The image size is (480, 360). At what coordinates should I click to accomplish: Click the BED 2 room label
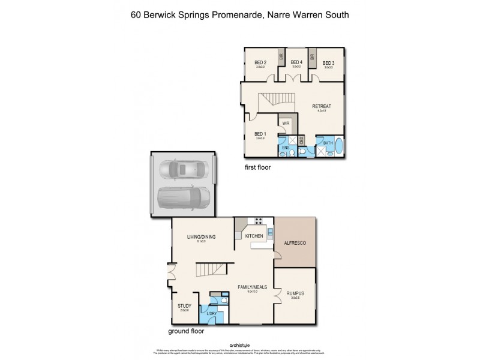[260, 62]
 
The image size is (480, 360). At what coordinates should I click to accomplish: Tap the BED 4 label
[296, 62]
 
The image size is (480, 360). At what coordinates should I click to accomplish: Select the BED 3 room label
[328, 62]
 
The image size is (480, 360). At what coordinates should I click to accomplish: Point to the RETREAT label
[322, 107]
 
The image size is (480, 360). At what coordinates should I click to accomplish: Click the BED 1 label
[260, 134]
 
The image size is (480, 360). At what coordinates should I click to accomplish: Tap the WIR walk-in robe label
[286, 123]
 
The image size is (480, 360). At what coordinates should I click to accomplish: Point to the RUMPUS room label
[294, 293]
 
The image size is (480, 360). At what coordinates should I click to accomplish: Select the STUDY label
[184, 306]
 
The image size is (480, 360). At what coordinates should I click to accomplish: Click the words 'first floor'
[257, 167]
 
